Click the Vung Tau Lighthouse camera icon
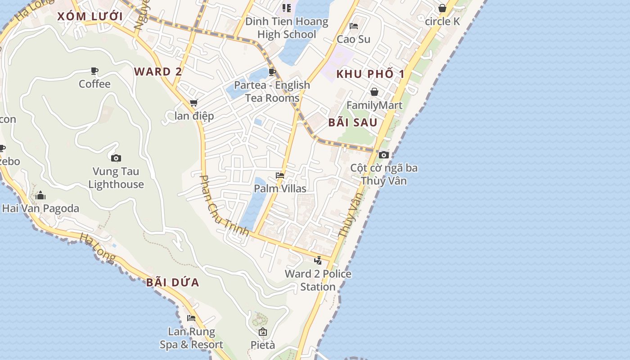pos(116,158)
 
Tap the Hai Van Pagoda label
pos(40,208)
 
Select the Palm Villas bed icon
pos(280,175)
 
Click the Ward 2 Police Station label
pos(318,280)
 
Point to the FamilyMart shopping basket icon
pos(374,92)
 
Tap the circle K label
pos(442,21)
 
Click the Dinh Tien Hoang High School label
pos(287,28)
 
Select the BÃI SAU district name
pos(353,122)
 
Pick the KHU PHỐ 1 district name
pos(370,74)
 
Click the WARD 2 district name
pos(158,72)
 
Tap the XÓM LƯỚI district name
pos(90,17)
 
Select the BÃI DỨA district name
pos(173,283)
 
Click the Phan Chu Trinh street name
pos(224,205)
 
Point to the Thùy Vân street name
pos(350,215)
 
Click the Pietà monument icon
pos(263,332)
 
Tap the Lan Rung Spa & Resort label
pos(192,338)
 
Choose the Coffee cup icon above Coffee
pos(94,71)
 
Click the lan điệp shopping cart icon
pos(194,103)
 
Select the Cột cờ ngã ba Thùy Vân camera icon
pos(384,155)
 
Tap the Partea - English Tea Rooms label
pos(272,91)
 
